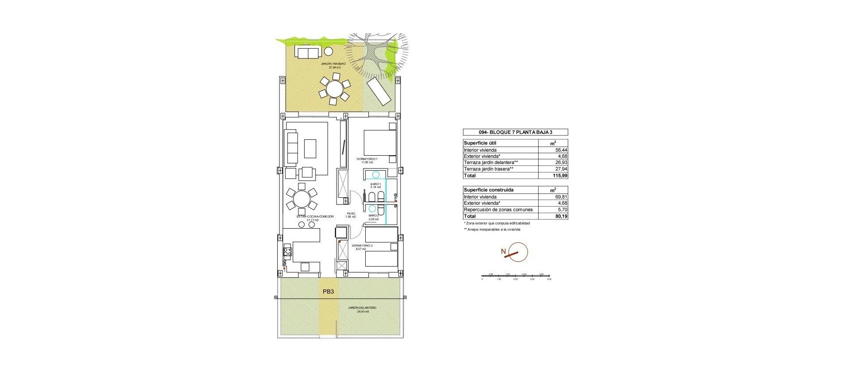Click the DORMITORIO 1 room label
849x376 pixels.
pyautogui.click(x=367, y=159)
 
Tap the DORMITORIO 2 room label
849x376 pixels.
pyautogui.click(x=362, y=246)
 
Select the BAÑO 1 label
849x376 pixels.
pyautogui.click(x=375, y=184)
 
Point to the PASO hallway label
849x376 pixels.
pyautogui.click(x=351, y=213)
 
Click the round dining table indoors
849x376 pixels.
pyautogui.click(x=302, y=199)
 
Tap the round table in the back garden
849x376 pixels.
pyautogui.click(x=334, y=89)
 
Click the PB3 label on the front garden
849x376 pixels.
pyautogui.click(x=328, y=292)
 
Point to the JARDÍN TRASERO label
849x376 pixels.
pyautogui.click(x=333, y=64)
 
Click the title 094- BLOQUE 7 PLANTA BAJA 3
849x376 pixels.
pyautogui.click(x=516, y=132)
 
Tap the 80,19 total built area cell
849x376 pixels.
pyautogui.click(x=561, y=216)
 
